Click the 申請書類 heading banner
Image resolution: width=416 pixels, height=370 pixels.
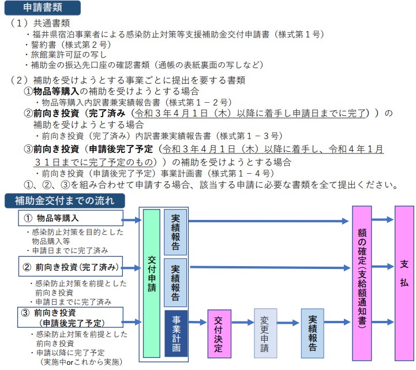pyautogui.click(x=43, y=8)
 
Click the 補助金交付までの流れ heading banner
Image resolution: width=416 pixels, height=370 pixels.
pyautogui.click(x=65, y=201)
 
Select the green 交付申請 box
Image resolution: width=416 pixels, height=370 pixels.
pyautogui.click(x=152, y=283)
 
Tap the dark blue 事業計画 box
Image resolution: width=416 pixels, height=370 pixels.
pyautogui.click(x=176, y=334)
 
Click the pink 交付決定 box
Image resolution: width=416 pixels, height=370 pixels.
pyautogui.click(x=219, y=334)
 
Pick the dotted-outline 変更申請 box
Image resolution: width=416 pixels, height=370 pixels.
pyautogui.click(x=265, y=334)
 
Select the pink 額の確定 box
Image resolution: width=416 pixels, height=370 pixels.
pyautogui.click(x=362, y=283)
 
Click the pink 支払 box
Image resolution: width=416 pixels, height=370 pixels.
pyautogui.click(x=404, y=283)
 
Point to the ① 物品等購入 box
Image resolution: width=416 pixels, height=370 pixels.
pyautogui.click(x=70, y=218)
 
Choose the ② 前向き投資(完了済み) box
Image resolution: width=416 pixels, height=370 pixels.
pyautogui.click(x=70, y=267)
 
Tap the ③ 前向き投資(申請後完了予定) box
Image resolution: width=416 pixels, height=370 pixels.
pyautogui.click(x=70, y=317)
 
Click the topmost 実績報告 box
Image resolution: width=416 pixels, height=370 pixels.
pyautogui.click(x=175, y=232)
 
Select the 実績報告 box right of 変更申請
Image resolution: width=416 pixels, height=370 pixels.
pyautogui.click(x=312, y=334)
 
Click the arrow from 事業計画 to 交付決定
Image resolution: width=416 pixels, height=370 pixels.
pyautogui.click(x=197, y=322)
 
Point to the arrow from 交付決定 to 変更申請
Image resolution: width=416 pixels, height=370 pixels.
pyautogui.click(x=242, y=323)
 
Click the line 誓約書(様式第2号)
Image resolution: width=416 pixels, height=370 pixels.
pyautogui.click(x=69, y=44)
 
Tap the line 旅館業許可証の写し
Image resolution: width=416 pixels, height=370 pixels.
pyautogui.click(x=66, y=55)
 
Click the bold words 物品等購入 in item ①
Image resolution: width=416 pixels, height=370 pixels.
pyautogui.click(x=56, y=91)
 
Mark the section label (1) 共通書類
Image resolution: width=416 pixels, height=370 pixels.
pyautogui.click(x=40, y=23)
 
